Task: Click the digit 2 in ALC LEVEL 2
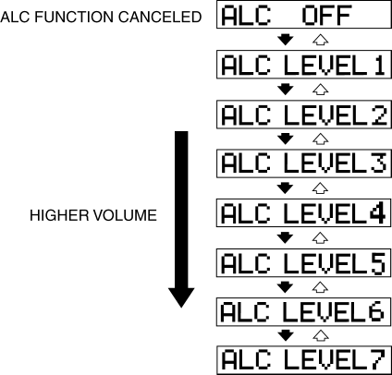(379, 115)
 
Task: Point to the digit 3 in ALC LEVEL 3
(379, 163)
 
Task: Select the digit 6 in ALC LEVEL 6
(376, 311)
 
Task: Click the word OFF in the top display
(327, 15)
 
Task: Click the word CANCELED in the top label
(160, 17)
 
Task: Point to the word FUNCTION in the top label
(75, 17)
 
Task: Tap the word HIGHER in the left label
(59, 215)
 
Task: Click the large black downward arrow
(181, 219)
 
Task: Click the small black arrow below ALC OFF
(286, 40)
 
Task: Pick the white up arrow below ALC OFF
(321, 40)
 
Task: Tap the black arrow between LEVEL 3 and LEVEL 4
(286, 188)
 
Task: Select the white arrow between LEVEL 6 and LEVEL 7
(321, 335)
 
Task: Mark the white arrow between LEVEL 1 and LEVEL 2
(321, 90)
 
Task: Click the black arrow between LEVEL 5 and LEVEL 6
(286, 287)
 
